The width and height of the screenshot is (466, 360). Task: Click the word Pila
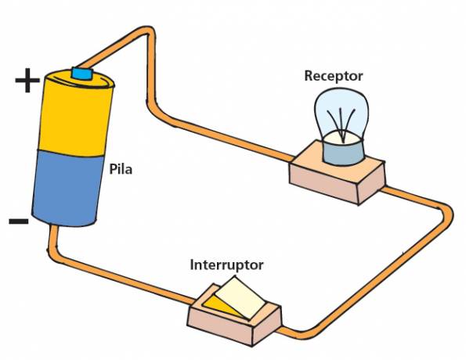(x=121, y=169)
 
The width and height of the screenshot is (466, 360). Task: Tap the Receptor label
(x=334, y=76)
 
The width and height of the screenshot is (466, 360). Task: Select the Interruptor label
(x=226, y=265)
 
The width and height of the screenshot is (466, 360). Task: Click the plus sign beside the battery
(x=27, y=80)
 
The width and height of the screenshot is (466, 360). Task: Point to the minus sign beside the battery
(x=19, y=221)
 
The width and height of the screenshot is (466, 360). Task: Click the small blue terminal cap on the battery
(x=82, y=74)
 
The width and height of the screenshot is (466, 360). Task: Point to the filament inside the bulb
(x=341, y=124)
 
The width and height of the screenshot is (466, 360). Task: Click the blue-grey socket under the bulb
(x=343, y=152)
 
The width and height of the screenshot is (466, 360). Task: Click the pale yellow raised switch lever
(x=239, y=297)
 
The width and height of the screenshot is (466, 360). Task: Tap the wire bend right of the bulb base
(x=446, y=211)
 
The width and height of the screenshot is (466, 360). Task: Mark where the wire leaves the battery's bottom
(x=53, y=228)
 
